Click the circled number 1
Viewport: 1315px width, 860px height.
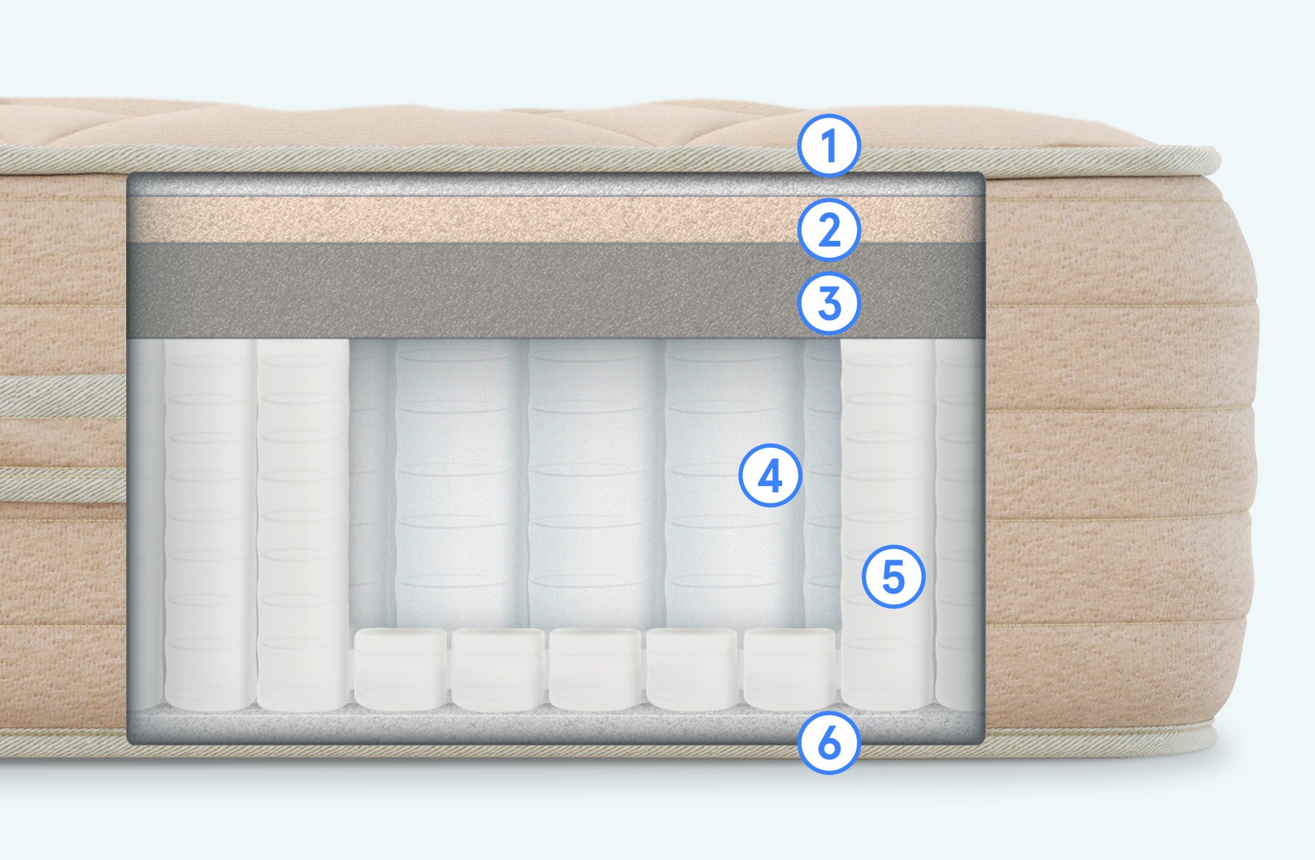[x=829, y=146]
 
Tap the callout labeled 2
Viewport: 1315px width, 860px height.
[x=829, y=230]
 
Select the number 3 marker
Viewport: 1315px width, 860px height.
[x=829, y=303]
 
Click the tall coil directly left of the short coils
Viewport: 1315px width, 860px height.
[x=303, y=524]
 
